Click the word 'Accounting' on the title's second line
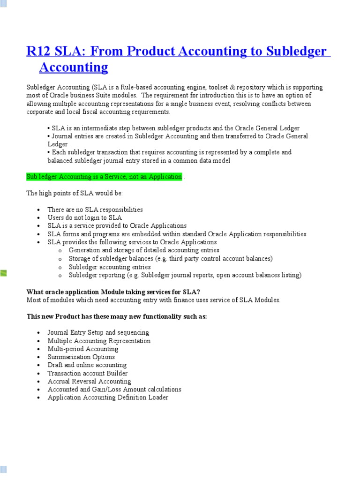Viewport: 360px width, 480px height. click(x=74, y=67)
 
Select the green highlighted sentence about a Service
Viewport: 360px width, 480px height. click(x=104, y=177)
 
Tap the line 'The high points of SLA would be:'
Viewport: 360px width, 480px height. click(x=74, y=193)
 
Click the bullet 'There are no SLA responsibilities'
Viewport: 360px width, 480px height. click(x=95, y=210)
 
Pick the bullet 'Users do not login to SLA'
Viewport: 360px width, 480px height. click(x=84, y=217)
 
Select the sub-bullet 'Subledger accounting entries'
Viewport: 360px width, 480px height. click(x=110, y=267)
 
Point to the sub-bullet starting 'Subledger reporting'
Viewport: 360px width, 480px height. click(x=185, y=275)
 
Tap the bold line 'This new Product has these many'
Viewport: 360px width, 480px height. click(x=117, y=316)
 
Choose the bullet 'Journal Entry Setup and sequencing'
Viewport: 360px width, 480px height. click(x=98, y=332)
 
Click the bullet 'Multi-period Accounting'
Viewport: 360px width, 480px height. click(x=83, y=349)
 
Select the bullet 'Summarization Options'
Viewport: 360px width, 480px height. click(x=81, y=357)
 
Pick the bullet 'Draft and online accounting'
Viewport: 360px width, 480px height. click(x=87, y=365)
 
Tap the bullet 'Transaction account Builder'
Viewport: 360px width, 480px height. click(x=88, y=373)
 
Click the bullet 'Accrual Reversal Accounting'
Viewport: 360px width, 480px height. click(x=90, y=381)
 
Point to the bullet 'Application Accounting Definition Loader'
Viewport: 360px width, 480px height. click(x=108, y=397)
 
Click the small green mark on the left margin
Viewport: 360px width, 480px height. click(x=3, y=273)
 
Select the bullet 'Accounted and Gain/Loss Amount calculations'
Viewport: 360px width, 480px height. click(x=114, y=389)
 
